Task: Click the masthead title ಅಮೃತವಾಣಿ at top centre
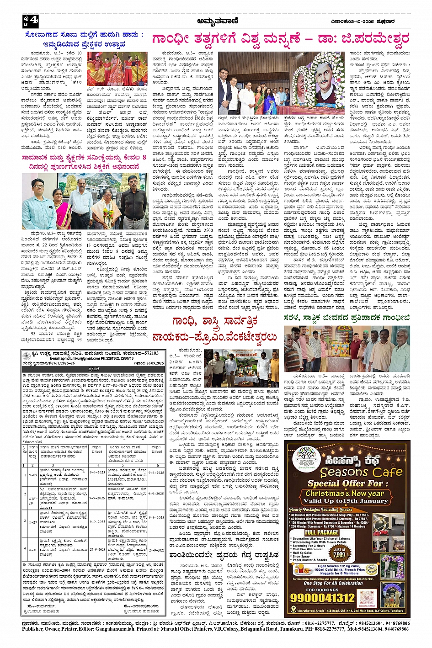click(x=216, y=21)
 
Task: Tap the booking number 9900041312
click(x=328, y=597)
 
